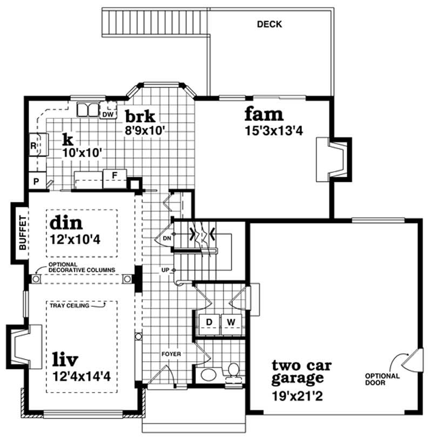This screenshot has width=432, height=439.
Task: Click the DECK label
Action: [269, 24]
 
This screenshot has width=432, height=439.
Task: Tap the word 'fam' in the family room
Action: [264, 114]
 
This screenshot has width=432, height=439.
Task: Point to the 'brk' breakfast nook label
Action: [140, 116]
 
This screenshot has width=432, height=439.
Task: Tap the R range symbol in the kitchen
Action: [33, 146]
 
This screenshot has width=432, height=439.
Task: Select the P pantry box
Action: [37, 181]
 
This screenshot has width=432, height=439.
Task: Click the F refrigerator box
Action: [114, 175]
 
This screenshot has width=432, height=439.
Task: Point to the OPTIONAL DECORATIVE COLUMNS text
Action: [81, 267]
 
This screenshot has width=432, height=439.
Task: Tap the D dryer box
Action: [209, 322]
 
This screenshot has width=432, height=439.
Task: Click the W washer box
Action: [231, 322]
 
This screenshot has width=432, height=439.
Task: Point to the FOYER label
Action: [171, 354]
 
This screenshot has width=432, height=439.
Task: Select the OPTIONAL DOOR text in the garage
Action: [382, 380]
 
